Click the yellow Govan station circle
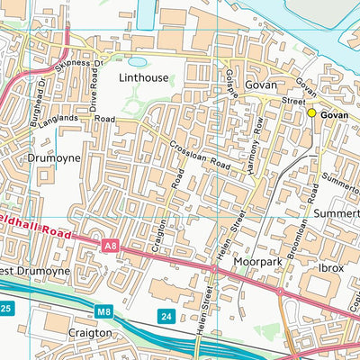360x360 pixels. [x=311, y=112]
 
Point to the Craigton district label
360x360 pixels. [x=91, y=332]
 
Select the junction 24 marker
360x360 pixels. [x=166, y=315]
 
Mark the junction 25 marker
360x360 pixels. [x=6, y=310]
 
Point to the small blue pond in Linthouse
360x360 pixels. [x=138, y=62]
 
